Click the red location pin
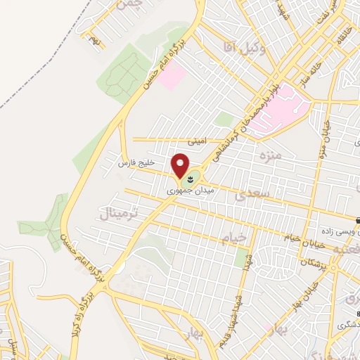tap(181, 165)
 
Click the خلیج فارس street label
tap(136, 163)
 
